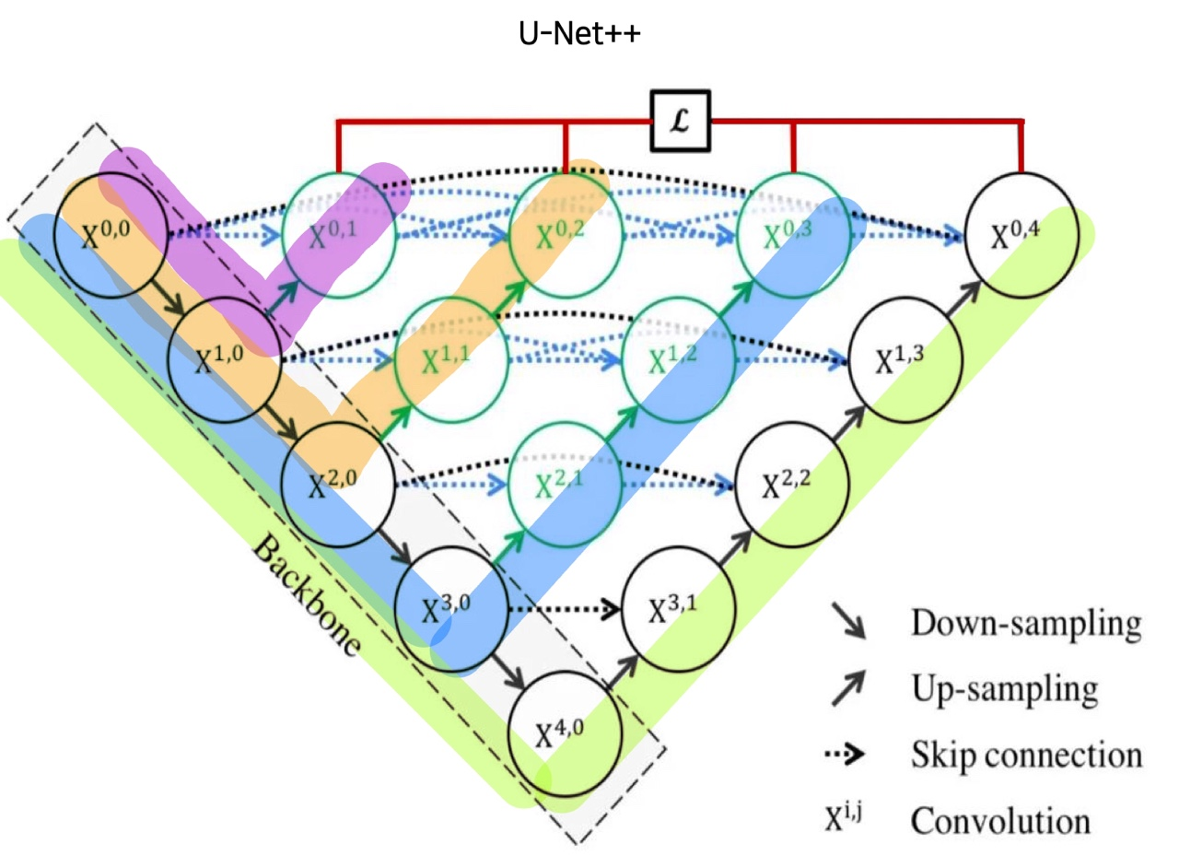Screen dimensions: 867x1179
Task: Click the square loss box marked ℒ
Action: (681, 121)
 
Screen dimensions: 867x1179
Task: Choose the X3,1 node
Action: (679, 608)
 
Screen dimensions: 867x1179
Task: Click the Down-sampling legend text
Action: (1026, 624)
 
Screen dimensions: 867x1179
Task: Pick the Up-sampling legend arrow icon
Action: (849, 688)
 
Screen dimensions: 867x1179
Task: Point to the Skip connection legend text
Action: (1026, 756)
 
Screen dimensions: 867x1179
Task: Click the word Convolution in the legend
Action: (1000, 820)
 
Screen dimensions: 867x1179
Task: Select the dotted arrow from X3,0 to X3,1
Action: (565, 608)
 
